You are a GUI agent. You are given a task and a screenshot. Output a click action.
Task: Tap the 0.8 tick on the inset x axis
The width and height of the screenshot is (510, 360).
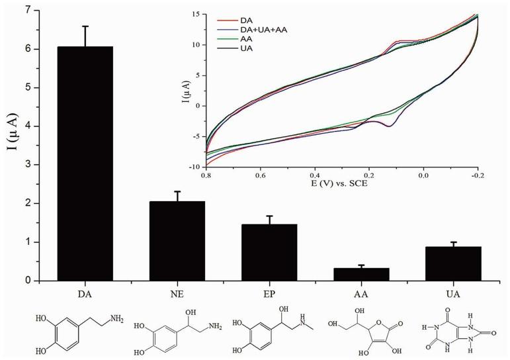tap(206, 176)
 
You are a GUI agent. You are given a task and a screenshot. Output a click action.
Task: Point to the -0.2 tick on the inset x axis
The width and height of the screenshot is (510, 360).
tap(476, 176)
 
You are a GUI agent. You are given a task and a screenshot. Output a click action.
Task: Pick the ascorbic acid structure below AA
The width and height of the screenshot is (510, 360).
tap(364, 328)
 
